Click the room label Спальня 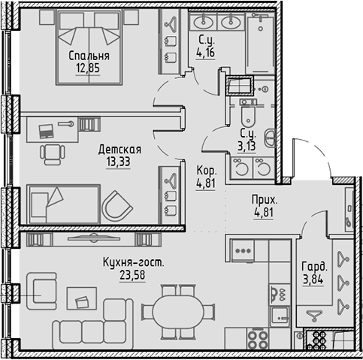pyautogui.click(x=89, y=56)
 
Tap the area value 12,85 pyautogui.click(x=88, y=68)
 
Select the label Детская pyautogui.click(x=119, y=150)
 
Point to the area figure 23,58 pyautogui.click(x=132, y=275)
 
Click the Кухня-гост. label pyautogui.click(x=134, y=263)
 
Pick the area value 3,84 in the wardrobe pyautogui.click(x=313, y=280)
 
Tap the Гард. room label pyautogui.click(x=314, y=267)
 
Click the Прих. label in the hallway pyautogui.click(x=265, y=200)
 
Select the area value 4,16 pyautogui.click(x=206, y=53)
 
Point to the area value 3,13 pyautogui.click(x=247, y=146)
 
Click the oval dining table pyautogui.click(x=178, y=311)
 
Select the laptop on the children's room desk pyautogui.click(x=47, y=131)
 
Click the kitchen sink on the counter pyautogui.click(x=280, y=316)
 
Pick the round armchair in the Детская pyautogui.click(x=117, y=206)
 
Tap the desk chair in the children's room pyautogui.click(x=53, y=154)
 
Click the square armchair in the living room pyautogui.click(x=42, y=291)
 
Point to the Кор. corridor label pyautogui.click(x=207, y=171)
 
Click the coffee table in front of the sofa pyautogui.click(x=82, y=298)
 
